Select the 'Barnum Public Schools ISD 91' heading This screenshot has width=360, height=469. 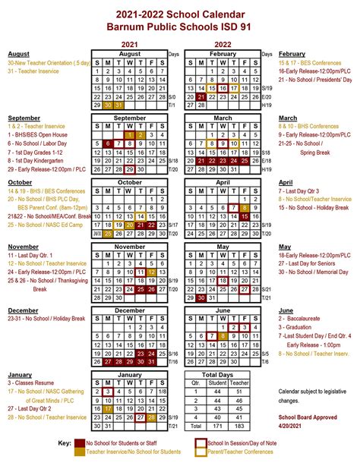coord(179,28)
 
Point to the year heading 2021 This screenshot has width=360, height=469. coord(130,44)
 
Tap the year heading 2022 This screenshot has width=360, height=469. coord(223,44)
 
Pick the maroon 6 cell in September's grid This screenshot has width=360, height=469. coord(109,143)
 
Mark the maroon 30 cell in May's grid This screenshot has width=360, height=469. coord(201,297)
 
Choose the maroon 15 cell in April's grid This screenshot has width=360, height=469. coord(244,216)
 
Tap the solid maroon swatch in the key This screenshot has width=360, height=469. coord(80,442)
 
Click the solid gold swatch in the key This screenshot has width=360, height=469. coord(80,452)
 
